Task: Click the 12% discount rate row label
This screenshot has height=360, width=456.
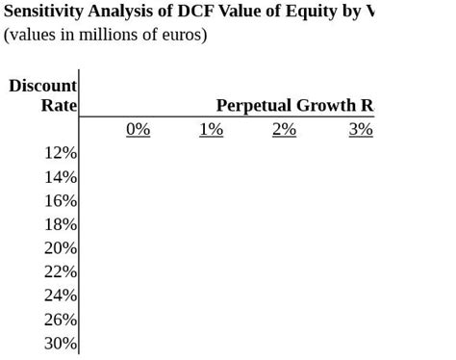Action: (60, 153)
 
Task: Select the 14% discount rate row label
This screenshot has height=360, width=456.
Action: (60, 177)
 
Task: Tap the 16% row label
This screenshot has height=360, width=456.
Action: (60, 201)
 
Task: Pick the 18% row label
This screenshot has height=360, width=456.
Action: (60, 224)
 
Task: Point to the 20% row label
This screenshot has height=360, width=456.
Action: (60, 248)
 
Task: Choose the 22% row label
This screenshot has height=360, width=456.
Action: (60, 271)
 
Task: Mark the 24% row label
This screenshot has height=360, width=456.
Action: (60, 296)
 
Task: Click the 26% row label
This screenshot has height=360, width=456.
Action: (60, 320)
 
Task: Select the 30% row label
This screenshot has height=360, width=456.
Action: (60, 344)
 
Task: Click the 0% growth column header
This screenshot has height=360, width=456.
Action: (138, 129)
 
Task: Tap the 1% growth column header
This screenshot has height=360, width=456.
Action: (211, 129)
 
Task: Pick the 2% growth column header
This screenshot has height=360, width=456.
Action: (284, 129)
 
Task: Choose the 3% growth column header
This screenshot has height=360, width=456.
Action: (361, 129)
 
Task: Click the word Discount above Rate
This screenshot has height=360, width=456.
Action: (42, 86)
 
